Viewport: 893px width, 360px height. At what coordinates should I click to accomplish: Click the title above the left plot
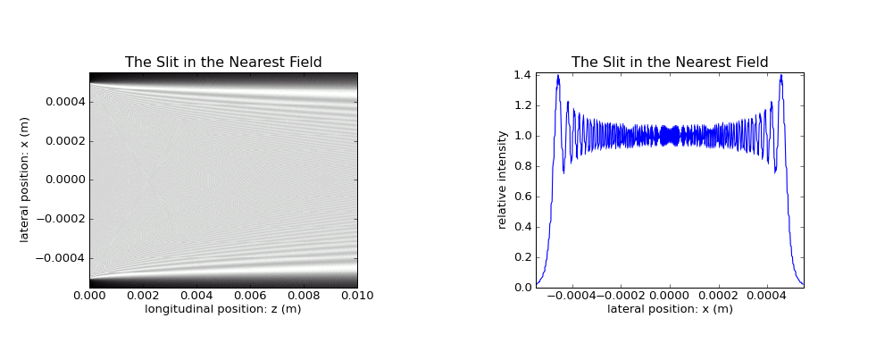(x=223, y=63)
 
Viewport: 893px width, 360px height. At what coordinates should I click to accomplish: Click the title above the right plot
(x=670, y=63)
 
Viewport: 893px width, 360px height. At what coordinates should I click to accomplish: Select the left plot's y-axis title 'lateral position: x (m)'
(x=24, y=180)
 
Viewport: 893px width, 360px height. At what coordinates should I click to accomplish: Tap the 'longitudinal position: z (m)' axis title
(x=222, y=309)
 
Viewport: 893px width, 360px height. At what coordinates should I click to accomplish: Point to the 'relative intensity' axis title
(x=502, y=180)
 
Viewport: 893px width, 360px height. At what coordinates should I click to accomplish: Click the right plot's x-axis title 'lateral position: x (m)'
(x=670, y=309)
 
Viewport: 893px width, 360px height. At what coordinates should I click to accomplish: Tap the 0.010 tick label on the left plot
(x=358, y=297)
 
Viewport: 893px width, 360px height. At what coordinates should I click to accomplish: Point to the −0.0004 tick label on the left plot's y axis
(x=61, y=258)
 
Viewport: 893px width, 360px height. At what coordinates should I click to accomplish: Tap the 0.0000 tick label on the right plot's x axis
(x=670, y=297)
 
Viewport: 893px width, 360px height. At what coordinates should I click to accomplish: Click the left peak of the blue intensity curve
(x=558, y=75)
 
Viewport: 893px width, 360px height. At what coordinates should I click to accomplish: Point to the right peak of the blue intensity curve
(x=780, y=75)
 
